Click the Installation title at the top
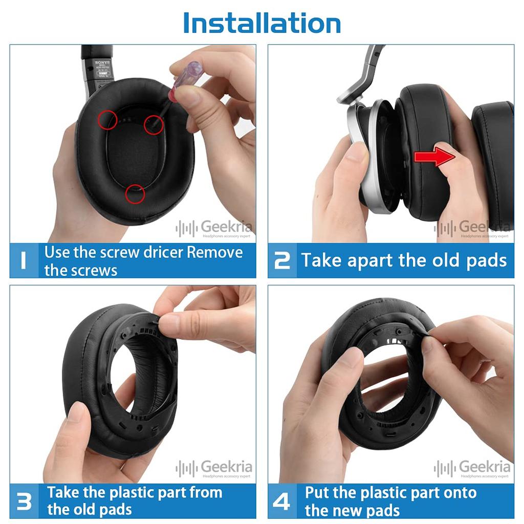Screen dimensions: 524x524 tap(261, 23)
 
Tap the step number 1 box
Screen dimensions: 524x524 tap(24, 260)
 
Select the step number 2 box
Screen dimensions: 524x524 tap(282, 260)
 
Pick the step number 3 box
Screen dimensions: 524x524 tap(24, 501)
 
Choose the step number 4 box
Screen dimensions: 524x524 tap(282, 501)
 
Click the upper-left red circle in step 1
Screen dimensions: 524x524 tap(107, 120)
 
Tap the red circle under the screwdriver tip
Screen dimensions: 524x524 tap(153, 124)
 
